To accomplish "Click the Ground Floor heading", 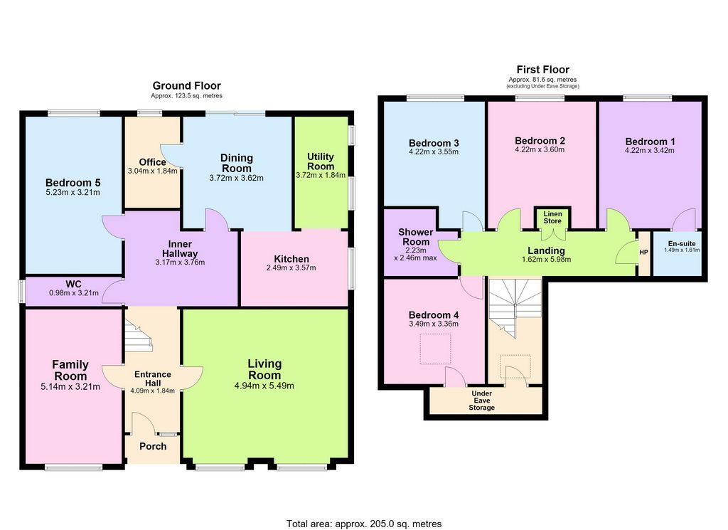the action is point(187,85).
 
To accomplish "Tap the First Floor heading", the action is point(542,70).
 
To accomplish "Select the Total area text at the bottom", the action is point(364,524).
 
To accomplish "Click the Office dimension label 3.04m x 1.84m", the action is point(153,171).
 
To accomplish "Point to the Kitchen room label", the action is point(291,259).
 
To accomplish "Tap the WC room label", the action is point(73,285).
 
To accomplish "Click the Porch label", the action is point(153,446).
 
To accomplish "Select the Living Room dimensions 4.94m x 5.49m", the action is point(264,386).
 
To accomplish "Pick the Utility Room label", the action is point(321,161).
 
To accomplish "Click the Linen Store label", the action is point(552,218).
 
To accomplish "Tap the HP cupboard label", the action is point(643,253).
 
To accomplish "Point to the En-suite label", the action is point(682,243).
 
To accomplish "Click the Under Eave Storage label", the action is point(481,401).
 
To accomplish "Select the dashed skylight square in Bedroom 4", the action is point(435,349).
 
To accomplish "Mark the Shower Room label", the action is point(415,237).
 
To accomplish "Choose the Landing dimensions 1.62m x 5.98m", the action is point(546,259).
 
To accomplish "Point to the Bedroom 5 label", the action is point(73,183).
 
